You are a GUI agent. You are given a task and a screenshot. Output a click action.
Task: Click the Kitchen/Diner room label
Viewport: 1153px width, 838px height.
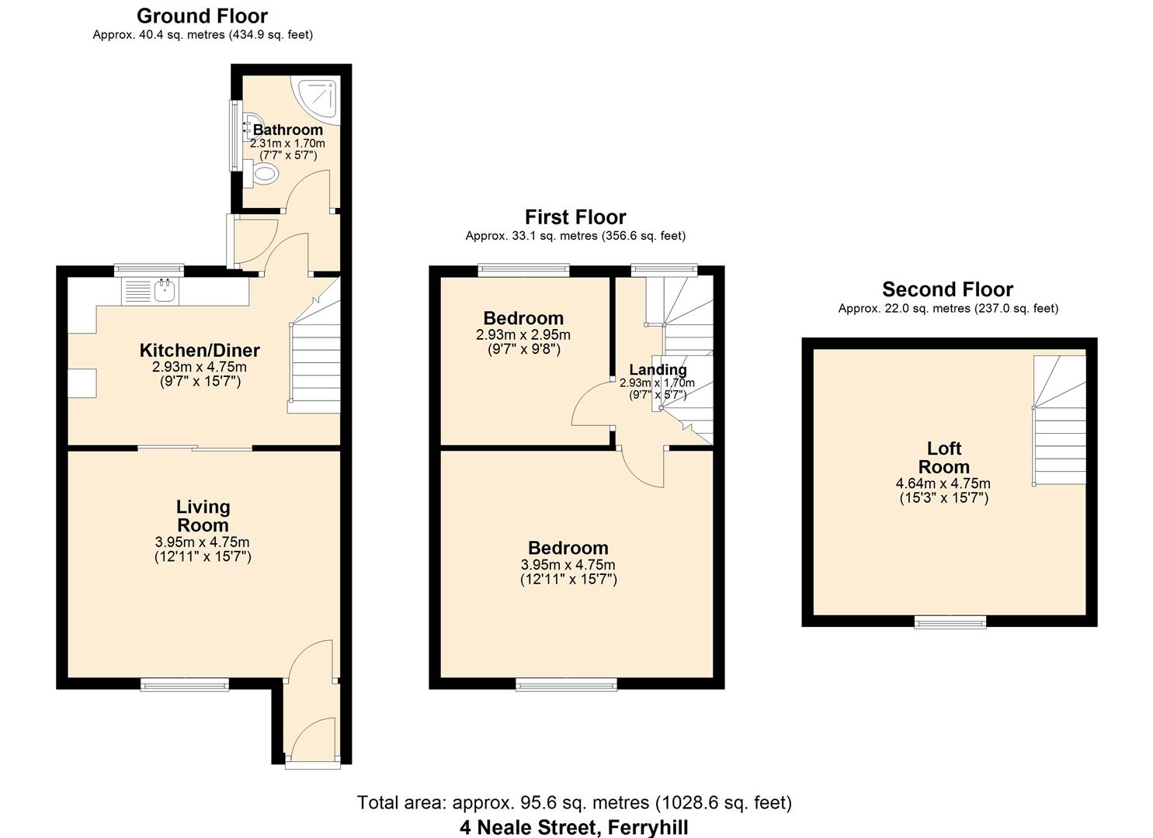[200, 351]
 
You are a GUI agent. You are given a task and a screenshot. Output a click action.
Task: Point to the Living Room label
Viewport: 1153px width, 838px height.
[203, 516]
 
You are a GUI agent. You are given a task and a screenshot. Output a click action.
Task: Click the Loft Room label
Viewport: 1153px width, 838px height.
[943, 458]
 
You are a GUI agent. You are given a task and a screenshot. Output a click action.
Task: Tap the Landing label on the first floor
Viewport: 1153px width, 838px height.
[657, 370]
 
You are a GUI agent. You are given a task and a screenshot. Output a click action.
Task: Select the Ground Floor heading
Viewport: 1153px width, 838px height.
[202, 16]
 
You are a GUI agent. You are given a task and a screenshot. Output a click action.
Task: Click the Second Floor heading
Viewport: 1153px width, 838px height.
[947, 289]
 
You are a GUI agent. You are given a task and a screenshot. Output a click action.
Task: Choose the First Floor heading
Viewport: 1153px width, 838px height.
[575, 217]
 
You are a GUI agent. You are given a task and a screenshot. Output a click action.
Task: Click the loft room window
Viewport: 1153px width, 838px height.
[950, 622]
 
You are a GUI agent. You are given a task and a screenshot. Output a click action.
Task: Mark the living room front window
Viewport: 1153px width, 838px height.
[185, 684]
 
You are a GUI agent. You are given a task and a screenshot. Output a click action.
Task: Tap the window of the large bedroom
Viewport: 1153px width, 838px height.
[567, 684]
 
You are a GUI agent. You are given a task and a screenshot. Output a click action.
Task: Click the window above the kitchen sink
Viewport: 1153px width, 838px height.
[149, 270]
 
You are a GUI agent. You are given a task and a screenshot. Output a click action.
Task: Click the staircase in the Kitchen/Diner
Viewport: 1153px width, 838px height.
[314, 365]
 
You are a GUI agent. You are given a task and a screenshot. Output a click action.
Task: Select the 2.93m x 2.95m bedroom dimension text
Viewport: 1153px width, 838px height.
[523, 335]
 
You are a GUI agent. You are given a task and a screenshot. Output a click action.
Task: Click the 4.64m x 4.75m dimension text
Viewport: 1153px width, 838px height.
[943, 483]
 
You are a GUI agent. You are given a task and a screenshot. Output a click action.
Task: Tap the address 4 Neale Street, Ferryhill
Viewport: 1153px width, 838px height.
[574, 827]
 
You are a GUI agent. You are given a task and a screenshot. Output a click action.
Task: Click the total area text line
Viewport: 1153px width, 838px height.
[574, 802]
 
